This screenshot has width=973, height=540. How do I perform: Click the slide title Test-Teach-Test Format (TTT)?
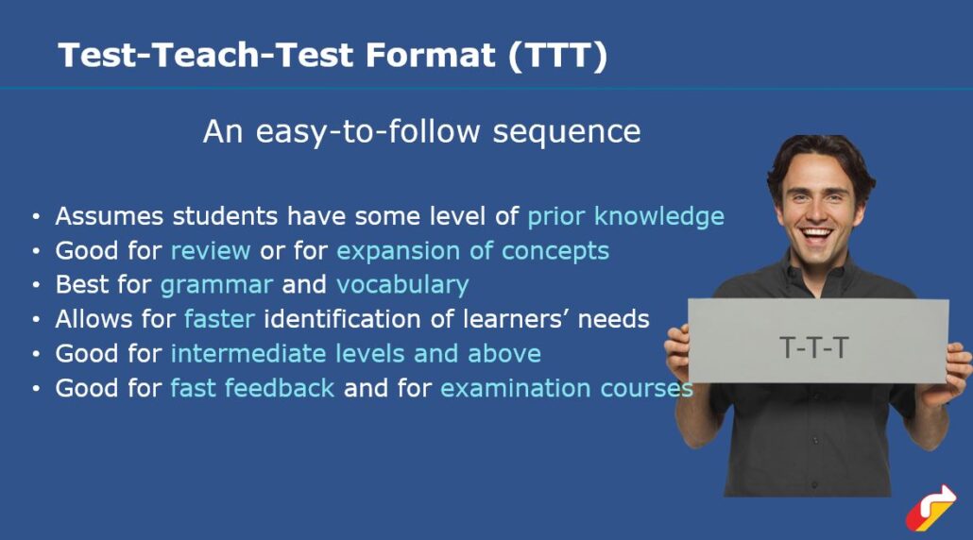point(333,56)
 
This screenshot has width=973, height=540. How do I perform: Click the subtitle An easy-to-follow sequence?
point(421,131)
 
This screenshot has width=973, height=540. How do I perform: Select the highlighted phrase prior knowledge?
point(625,216)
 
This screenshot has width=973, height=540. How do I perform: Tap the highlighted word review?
point(210,251)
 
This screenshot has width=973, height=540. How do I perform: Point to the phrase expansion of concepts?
point(472,251)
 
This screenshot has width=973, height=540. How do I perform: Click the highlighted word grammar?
point(216,285)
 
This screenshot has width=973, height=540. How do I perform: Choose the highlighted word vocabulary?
point(402,285)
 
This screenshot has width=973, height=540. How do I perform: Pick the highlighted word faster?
point(219,319)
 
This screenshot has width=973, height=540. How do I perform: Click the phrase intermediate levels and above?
point(355,354)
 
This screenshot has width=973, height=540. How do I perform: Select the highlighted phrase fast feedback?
point(252,388)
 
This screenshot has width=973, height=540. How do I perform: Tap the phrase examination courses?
point(566,388)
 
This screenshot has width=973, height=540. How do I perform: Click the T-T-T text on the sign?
point(814,347)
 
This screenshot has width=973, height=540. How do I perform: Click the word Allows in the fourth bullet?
point(90,319)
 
